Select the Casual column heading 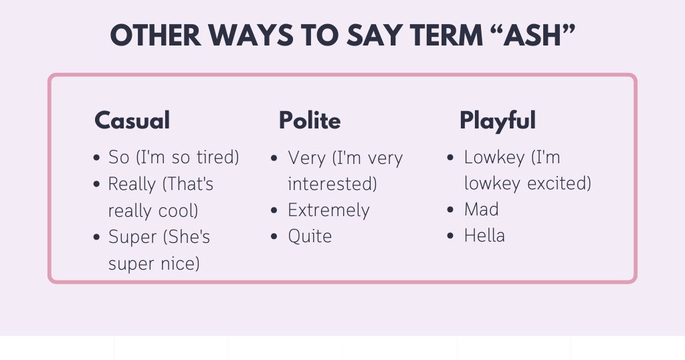point(132,120)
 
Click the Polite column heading point(310,120)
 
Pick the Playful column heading point(497,120)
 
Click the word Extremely point(328,210)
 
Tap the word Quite point(310,236)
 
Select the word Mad point(482,209)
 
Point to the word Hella point(484,236)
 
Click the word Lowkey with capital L point(493,158)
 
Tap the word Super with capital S point(130,237)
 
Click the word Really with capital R point(132,184)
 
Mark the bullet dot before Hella point(452,236)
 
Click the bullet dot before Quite point(275,237)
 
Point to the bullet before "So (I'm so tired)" point(97,159)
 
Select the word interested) point(332,184)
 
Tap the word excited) point(559,183)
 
